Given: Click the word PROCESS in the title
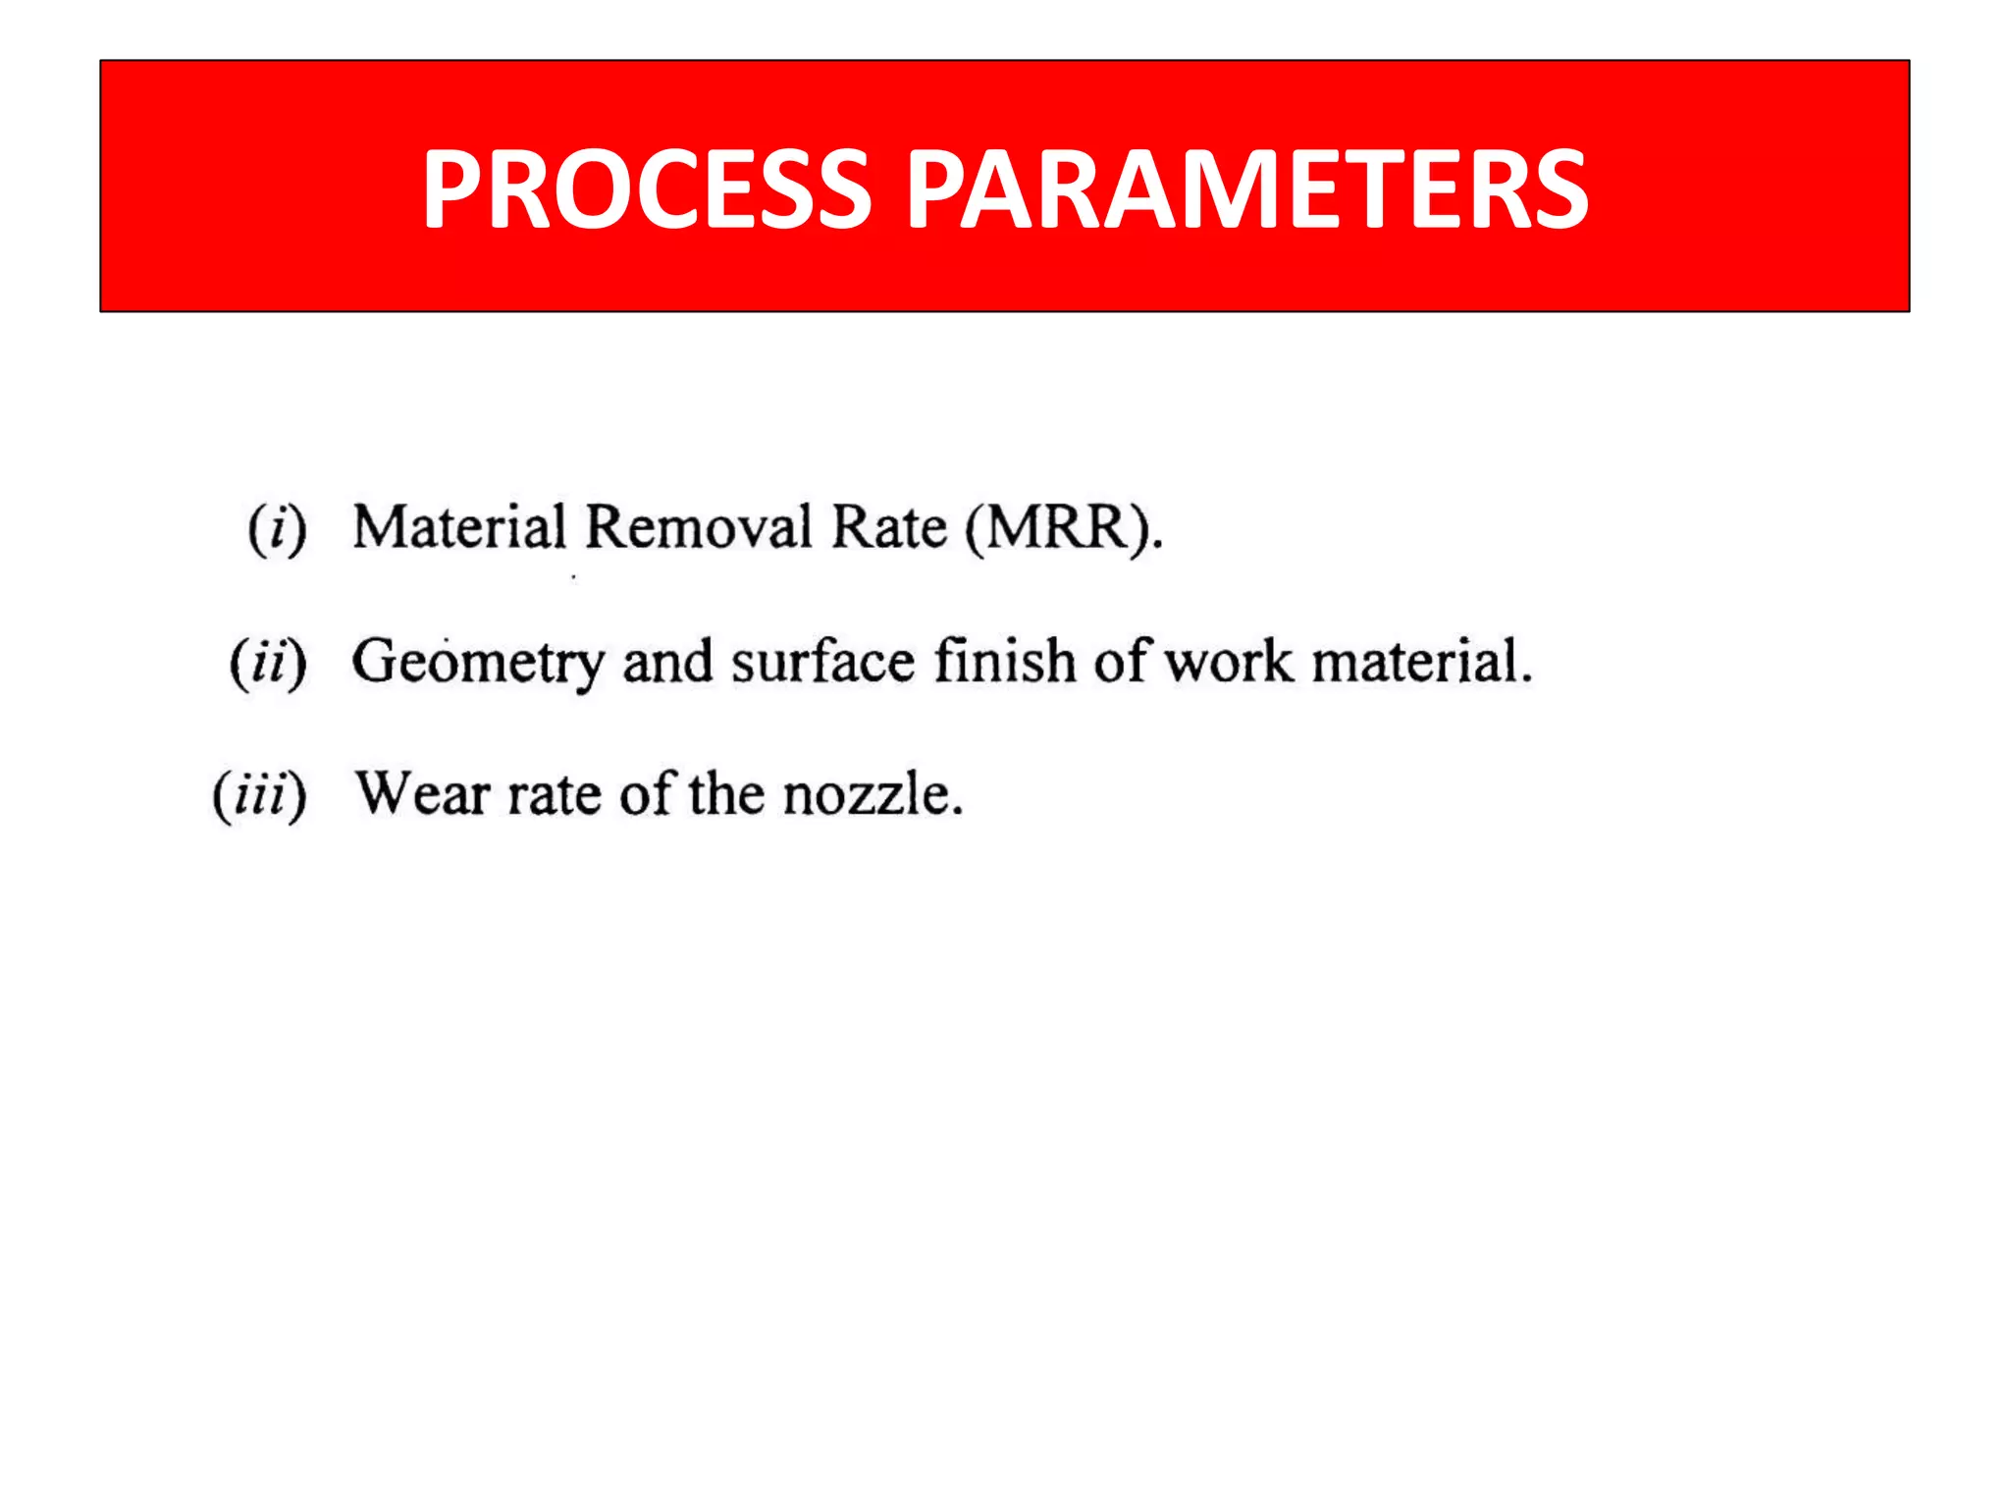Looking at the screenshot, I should click(x=647, y=188).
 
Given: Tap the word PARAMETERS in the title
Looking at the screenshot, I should click(x=1245, y=188).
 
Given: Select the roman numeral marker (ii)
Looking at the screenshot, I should click(x=268, y=663).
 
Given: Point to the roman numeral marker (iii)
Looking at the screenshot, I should click(x=259, y=795).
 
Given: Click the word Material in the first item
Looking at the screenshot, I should click(x=459, y=527).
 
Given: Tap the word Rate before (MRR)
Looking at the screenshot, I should click(x=889, y=527).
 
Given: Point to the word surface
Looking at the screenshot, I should click(x=823, y=661).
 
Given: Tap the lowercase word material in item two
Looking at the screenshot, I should click(x=1421, y=661).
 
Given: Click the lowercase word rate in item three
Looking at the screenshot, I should click(x=555, y=795).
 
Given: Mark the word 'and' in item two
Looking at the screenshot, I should click(x=667, y=661).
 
